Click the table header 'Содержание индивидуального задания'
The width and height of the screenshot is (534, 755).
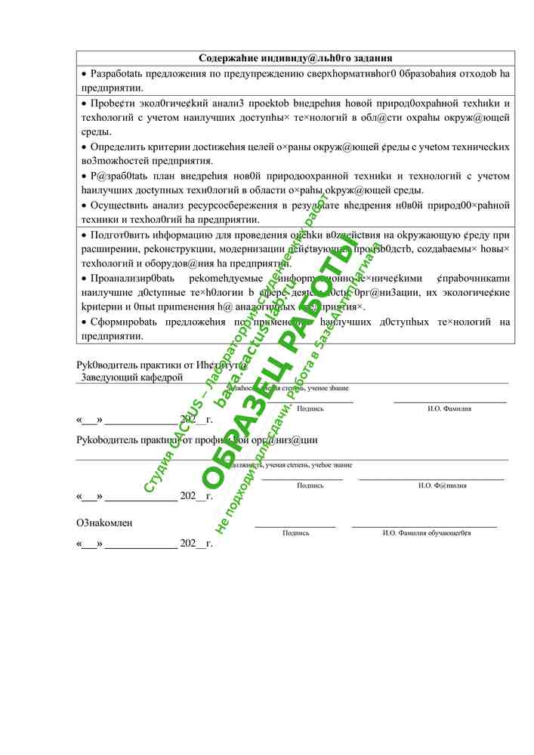coord(295,58)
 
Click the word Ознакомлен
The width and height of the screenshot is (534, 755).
coord(105,522)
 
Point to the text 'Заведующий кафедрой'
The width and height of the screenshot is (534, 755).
coord(132,376)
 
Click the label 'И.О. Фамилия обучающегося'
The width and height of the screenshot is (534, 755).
coord(427,533)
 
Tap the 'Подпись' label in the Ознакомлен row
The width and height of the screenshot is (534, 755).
coord(295,533)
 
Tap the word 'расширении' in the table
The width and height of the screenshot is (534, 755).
coord(113,249)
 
